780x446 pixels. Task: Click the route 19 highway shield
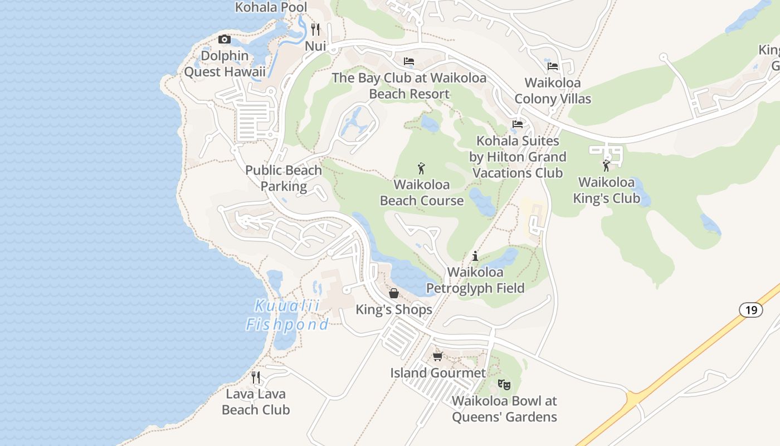751,310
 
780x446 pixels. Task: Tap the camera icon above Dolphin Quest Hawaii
225,39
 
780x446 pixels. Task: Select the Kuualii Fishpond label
287,315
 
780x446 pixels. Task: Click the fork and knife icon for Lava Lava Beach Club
256,377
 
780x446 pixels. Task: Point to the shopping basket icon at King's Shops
394,293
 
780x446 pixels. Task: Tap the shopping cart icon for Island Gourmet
438,356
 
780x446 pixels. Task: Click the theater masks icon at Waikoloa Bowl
504,384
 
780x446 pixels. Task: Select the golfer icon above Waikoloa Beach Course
421,168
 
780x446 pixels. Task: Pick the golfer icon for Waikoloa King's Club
606,166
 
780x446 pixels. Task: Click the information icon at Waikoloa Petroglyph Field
475,256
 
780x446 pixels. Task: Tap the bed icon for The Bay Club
409,61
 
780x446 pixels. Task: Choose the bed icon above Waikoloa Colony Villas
552,66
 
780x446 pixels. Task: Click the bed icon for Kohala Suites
518,124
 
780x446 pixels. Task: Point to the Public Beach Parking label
284,178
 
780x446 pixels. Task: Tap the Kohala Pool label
271,7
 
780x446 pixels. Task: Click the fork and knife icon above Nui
315,29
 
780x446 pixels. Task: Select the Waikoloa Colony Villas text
552,91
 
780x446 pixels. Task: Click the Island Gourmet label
438,372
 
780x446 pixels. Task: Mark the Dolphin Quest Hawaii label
225,64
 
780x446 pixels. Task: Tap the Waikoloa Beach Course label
422,192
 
